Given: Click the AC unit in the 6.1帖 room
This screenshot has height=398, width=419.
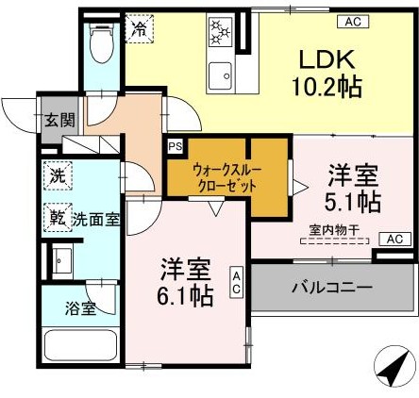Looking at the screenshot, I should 237,279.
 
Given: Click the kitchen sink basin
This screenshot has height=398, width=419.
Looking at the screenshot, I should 220,74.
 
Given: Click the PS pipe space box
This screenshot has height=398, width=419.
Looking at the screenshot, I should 175,146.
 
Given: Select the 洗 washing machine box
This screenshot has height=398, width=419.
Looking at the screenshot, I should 57,174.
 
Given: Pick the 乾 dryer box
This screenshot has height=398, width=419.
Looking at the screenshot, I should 57,218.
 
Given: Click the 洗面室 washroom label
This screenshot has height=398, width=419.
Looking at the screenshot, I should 95,219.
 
